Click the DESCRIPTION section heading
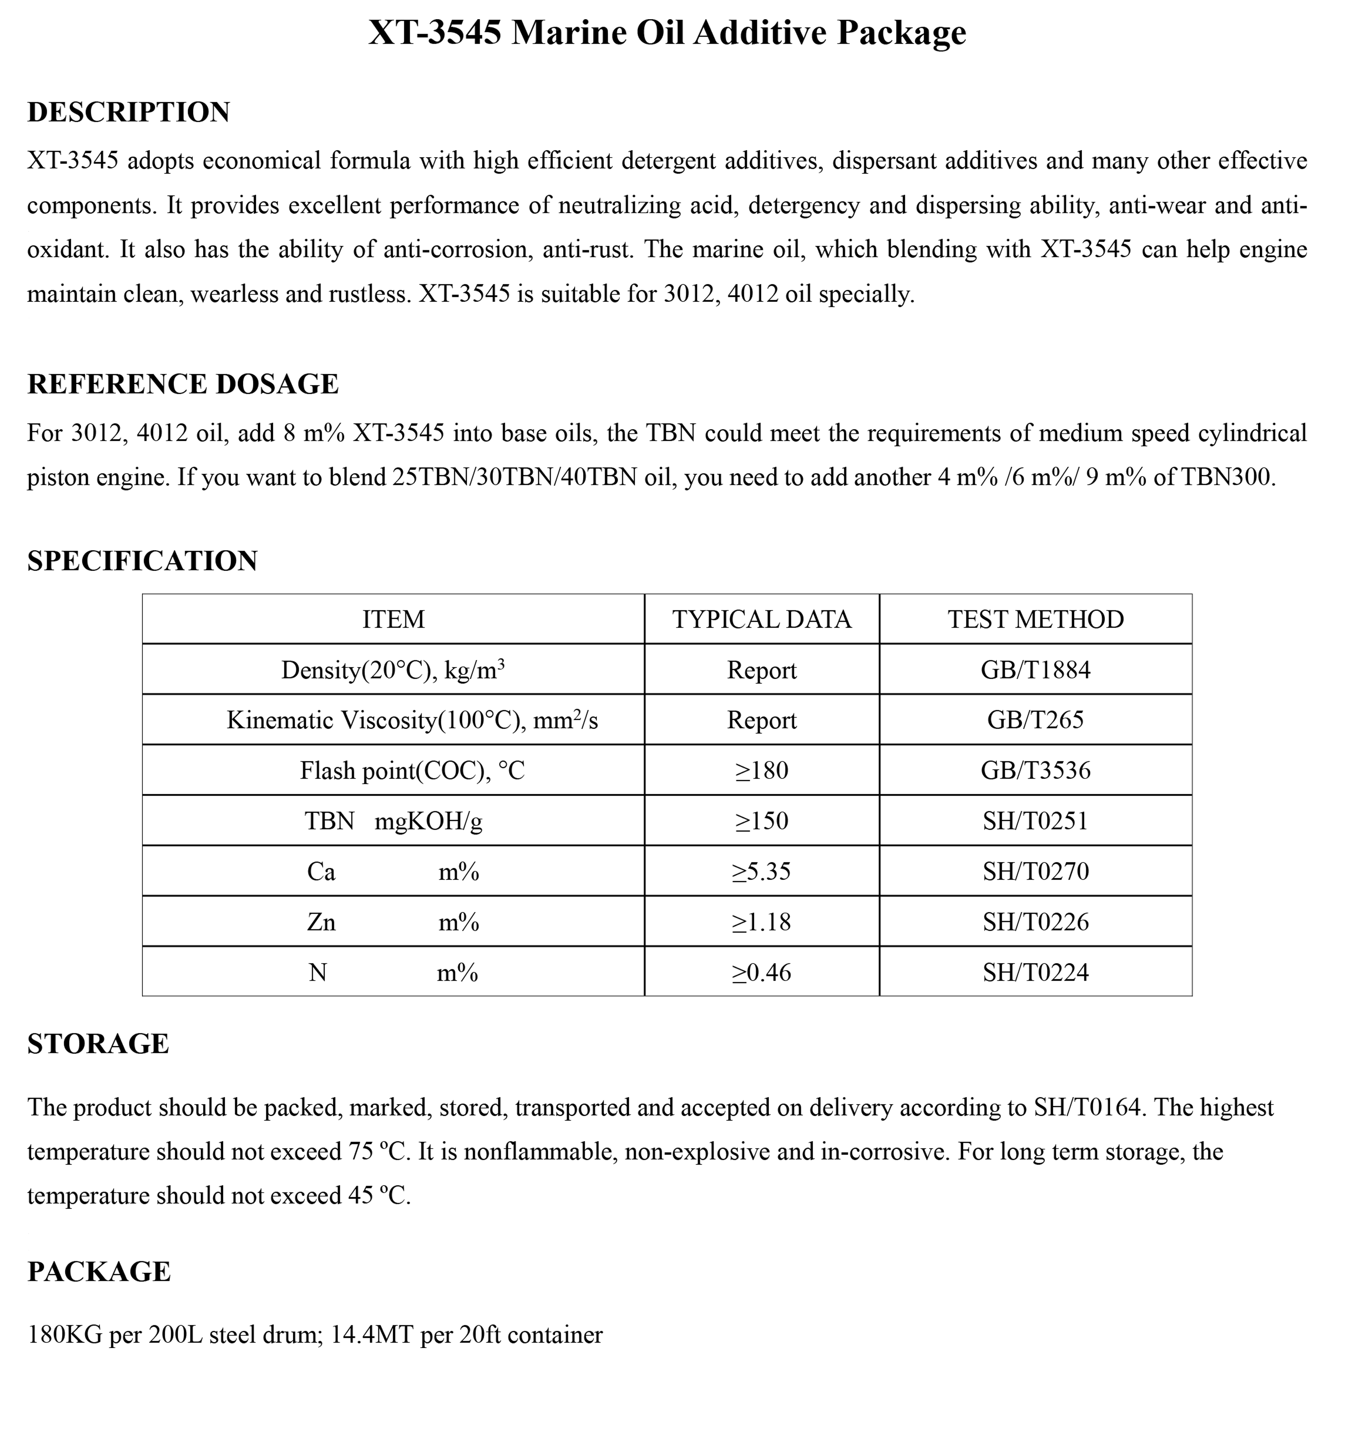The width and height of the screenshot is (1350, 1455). click(x=129, y=112)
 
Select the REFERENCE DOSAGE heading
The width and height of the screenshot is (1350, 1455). click(x=183, y=384)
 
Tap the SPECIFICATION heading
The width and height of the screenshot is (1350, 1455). click(x=142, y=561)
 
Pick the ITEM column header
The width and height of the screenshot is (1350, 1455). click(x=393, y=619)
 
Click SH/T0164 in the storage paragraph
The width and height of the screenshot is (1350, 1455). click(x=1087, y=1108)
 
